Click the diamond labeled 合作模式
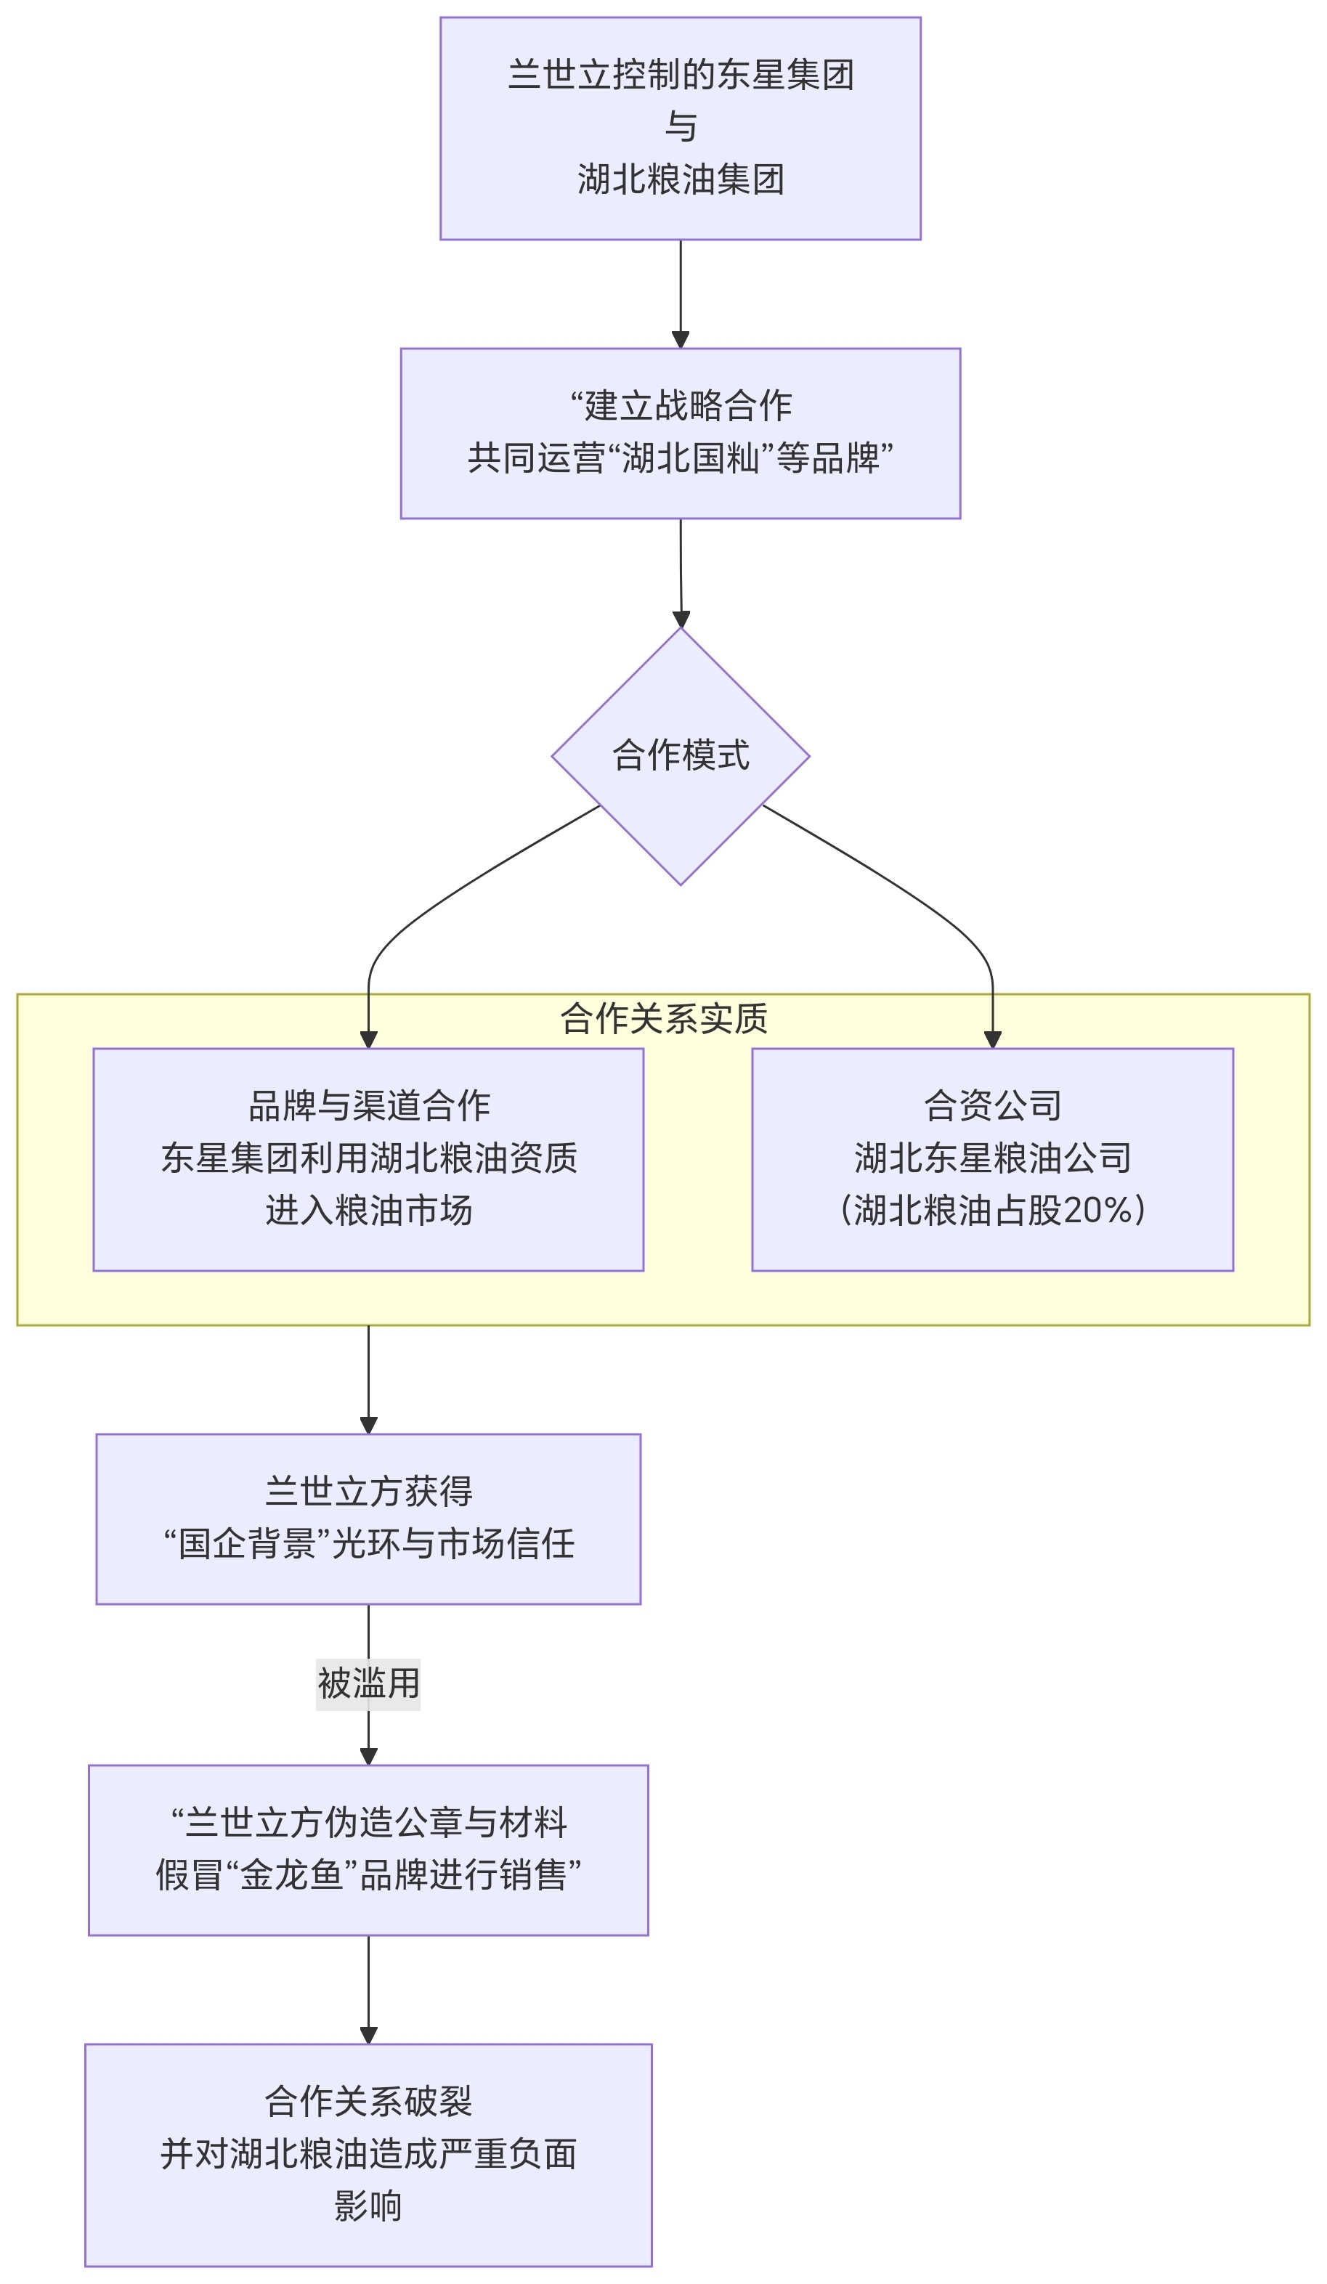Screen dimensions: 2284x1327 pyautogui.click(x=680, y=755)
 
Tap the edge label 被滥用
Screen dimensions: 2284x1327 pyautogui.click(x=368, y=1684)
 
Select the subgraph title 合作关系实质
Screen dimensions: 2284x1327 pyautogui.click(x=664, y=1018)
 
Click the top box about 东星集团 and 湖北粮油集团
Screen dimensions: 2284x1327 pyautogui.click(x=680, y=128)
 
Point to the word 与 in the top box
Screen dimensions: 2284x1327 pyautogui.click(x=680, y=127)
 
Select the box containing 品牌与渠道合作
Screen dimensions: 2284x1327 pyautogui.click(x=368, y=1159)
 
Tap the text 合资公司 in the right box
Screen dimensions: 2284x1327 pyautogui.click(x=993, y=1105)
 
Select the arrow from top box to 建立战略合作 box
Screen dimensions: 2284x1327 pyautogui.click(x=680, y=290)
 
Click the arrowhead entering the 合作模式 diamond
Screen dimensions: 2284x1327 pyautogui.click(x=681, y=619)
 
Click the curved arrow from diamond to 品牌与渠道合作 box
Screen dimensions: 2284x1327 pyautogui.click(x=444, y=898)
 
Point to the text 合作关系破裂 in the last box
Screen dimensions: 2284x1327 pyautogui.click(x=368, y=2101)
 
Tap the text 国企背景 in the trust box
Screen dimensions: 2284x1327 pyautogui.click(x=246, y=1545)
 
